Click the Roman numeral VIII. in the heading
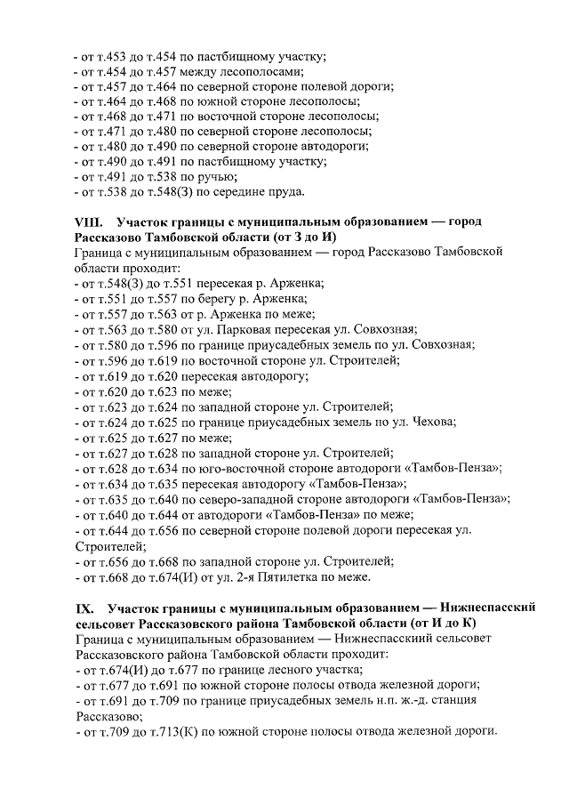[x=91, y=221]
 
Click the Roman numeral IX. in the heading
[x=87, y=608]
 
